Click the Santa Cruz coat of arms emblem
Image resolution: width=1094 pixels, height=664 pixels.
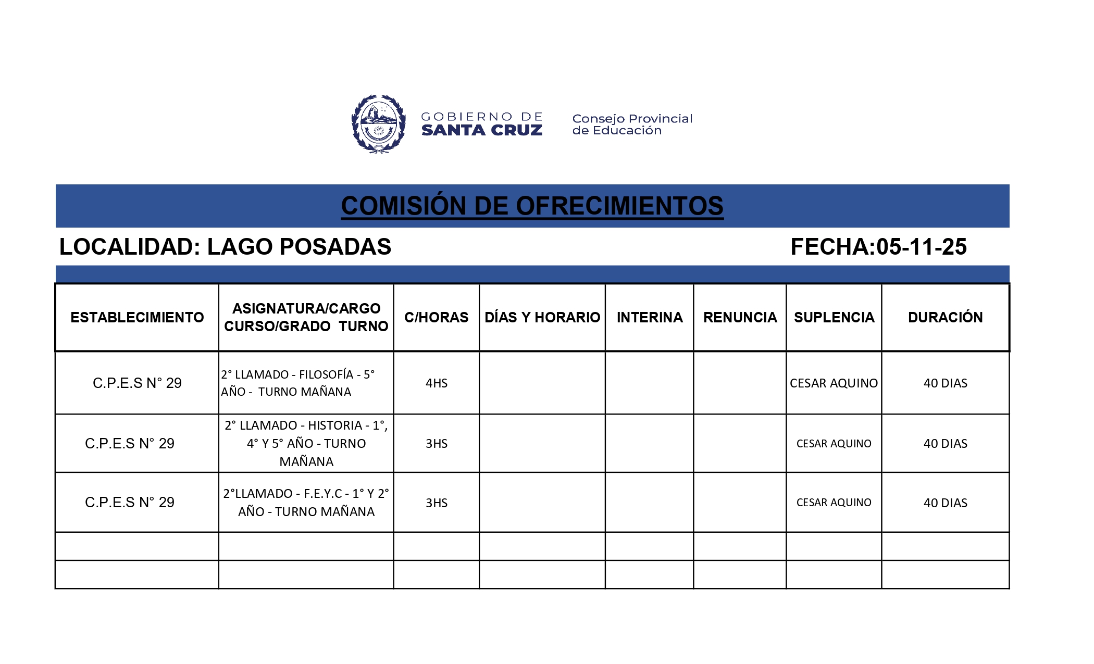379,124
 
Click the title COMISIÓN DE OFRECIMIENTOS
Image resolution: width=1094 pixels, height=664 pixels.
532,206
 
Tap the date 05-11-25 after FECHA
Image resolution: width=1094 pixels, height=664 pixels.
921,247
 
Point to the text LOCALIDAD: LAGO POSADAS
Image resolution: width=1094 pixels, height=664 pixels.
225,247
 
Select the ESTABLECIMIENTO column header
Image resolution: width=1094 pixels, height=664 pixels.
137,317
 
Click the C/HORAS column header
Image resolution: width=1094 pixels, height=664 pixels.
436,317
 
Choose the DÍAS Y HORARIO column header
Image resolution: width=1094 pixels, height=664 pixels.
542,317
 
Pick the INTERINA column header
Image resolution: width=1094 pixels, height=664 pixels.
649,317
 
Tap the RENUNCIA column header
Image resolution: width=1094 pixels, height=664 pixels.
740,317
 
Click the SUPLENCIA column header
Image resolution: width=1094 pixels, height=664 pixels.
834,317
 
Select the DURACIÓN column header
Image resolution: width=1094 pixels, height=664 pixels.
945,317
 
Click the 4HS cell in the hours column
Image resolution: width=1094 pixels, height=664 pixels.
436,383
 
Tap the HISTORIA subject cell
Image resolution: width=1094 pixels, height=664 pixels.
306,443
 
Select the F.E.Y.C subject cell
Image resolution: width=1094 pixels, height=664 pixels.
306,503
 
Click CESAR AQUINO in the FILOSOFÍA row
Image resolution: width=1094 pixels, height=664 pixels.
834,383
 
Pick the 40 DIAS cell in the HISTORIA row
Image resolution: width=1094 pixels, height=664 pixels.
945,444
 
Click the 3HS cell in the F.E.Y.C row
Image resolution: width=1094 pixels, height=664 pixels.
436,503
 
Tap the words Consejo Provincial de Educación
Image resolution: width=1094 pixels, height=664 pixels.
632,124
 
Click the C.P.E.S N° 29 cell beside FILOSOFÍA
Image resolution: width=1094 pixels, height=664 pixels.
137,383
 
